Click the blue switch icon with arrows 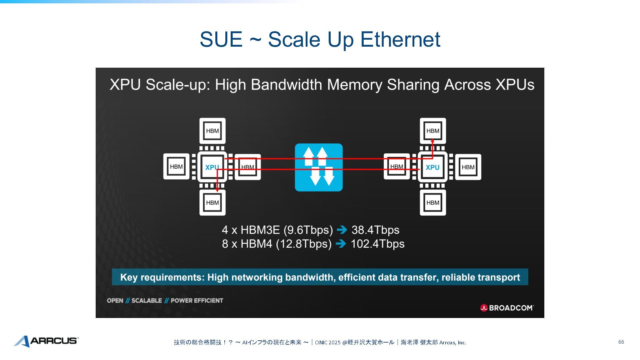319,167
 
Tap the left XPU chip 212,167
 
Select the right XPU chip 433,167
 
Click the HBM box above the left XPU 212,131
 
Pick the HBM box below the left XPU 212,203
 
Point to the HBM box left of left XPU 176,167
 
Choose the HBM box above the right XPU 433,131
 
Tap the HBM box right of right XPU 468,167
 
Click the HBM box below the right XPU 433,203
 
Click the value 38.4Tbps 375,230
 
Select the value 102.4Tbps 377,244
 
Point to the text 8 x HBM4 247,244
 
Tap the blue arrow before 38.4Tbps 342,230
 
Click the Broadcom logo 507,308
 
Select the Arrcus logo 46,341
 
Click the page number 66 621,342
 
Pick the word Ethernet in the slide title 400,39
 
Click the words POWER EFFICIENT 197,301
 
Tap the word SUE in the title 221,39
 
